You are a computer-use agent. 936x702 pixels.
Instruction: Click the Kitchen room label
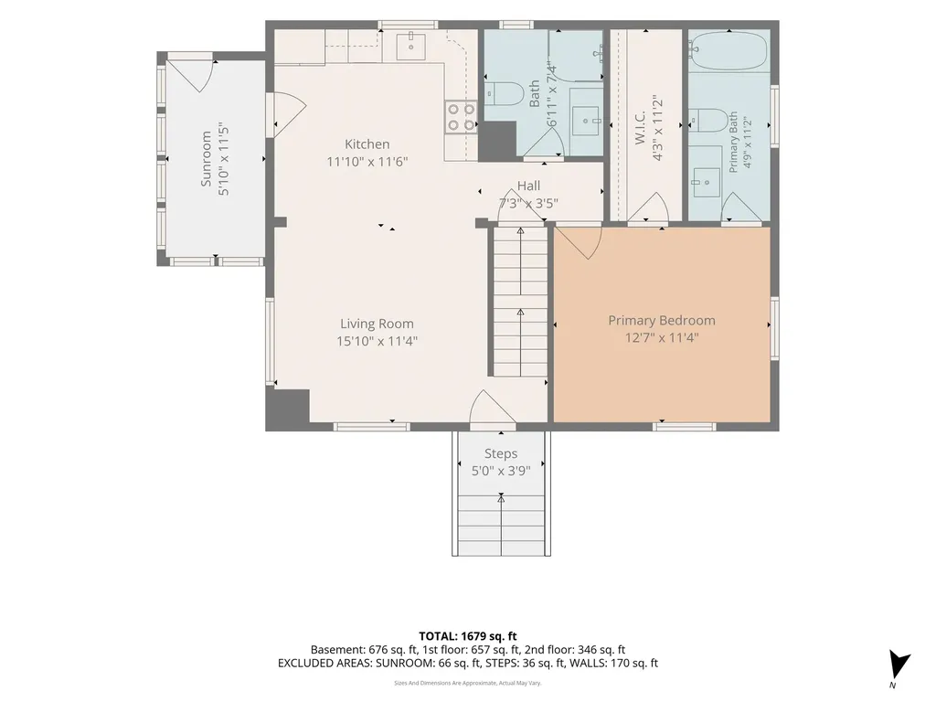[x=367, y=144]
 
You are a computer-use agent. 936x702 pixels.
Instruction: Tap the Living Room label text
[x=377, y=324]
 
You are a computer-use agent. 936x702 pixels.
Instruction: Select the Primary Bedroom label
[x=662, y=320]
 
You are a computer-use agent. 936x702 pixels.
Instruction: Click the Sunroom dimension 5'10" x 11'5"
[x=224, y=160]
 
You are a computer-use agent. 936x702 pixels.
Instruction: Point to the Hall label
[x=529, y=186]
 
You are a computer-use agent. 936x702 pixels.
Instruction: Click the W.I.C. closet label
[x=640, y=126]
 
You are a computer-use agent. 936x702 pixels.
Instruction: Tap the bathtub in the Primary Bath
[x=729, y=50]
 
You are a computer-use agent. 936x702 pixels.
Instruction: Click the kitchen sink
[x=410, y=47]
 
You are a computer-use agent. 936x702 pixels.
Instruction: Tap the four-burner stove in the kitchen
[x=461, y=117]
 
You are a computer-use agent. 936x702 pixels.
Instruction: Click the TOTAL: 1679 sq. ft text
[x=467, y=636]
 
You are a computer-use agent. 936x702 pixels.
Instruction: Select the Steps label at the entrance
[x=501, y=453]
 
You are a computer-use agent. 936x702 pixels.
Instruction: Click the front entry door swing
[x=493, y=410]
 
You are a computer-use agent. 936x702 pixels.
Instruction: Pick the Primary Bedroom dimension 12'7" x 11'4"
[x=662, y=338]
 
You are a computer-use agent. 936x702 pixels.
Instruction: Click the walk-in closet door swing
[x=647, y=207]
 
